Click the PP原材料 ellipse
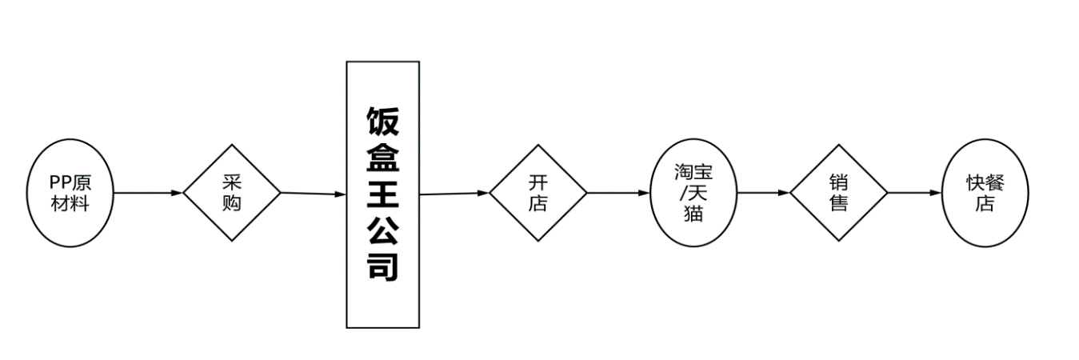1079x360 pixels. [x=70, y=193]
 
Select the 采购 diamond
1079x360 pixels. [x=232, y=193]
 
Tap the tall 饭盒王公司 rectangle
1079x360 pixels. [x=382, y=194]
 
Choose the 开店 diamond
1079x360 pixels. [x=538, y=193]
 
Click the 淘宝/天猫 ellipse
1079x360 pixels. [x=693, y=193]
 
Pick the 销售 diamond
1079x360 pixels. [x=839, y=193]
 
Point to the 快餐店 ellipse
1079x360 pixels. [x=985, y=193]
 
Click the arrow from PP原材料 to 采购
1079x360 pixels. [x=147, y=193]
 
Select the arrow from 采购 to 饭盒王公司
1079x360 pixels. [x=313, y=194]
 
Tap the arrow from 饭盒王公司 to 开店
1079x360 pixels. [x=454, y=193]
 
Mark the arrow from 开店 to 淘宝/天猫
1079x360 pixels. [x=618, y=193]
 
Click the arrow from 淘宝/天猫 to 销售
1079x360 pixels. [x=763, y=193]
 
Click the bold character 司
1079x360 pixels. [x=382, y=266]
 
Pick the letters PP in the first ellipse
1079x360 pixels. [x=61, y=183]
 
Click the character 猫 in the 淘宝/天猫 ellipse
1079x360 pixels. [x=693, y=213]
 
